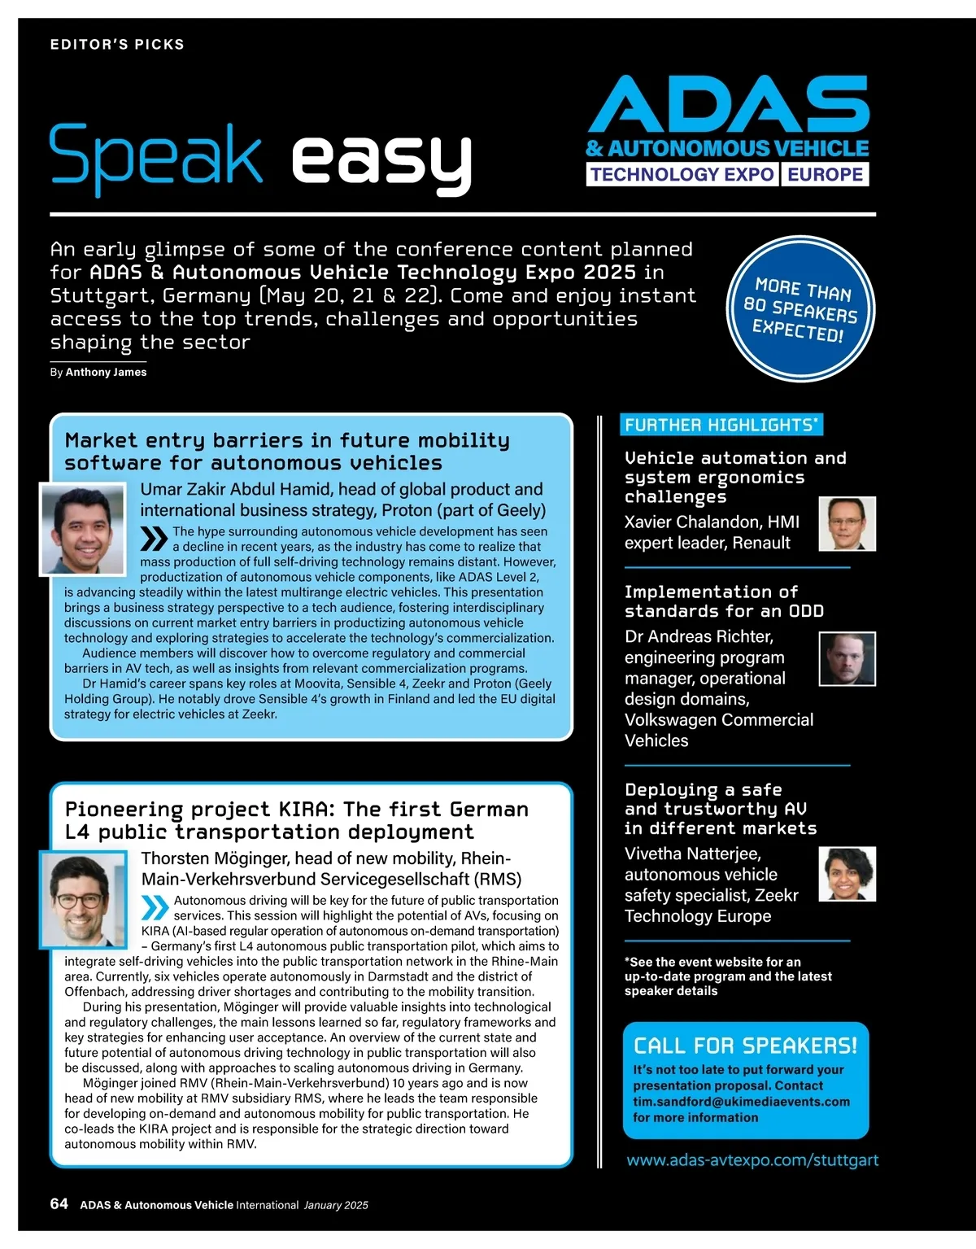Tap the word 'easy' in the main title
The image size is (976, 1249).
[381, 159]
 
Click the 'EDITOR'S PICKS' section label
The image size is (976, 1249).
[117, 45]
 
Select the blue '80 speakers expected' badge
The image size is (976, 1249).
[800, 308]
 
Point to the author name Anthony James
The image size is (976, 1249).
[106, 372]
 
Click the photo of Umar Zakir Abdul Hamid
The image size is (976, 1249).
[83, 530]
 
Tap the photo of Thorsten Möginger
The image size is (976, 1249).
[84, 898]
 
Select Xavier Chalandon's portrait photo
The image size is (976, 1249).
[847, 523]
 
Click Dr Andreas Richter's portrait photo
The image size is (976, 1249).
[847, 658]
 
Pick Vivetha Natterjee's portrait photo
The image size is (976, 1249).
[847, 873]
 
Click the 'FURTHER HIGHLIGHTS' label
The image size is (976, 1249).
[721, 425]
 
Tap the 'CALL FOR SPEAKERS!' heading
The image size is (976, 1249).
[745, 1046]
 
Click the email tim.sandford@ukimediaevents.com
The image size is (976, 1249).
[741, 1102]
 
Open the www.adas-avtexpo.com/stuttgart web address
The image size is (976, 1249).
[752, 1160]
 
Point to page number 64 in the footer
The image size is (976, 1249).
[59, 1204]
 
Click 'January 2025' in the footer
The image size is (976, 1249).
[336, 1205]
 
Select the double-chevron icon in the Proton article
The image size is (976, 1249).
[154, 539]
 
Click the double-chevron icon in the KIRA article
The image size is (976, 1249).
[155, 907]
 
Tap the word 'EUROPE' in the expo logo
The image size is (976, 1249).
[825, 174]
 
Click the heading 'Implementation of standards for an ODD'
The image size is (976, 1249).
[724, 601]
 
